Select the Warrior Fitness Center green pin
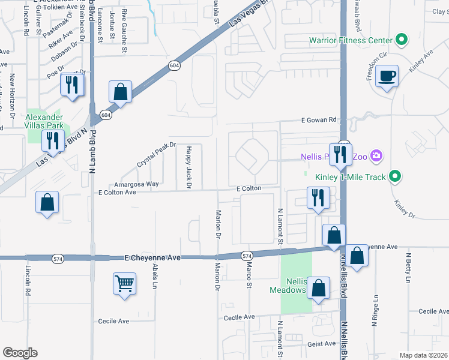(402, 41)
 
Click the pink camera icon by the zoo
(376, 157)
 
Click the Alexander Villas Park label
(44, 122)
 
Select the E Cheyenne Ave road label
(152, 257)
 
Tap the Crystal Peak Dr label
(155, 154)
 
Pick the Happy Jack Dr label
(188, 167)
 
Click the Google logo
(20, 353)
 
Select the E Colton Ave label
(118, 193)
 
